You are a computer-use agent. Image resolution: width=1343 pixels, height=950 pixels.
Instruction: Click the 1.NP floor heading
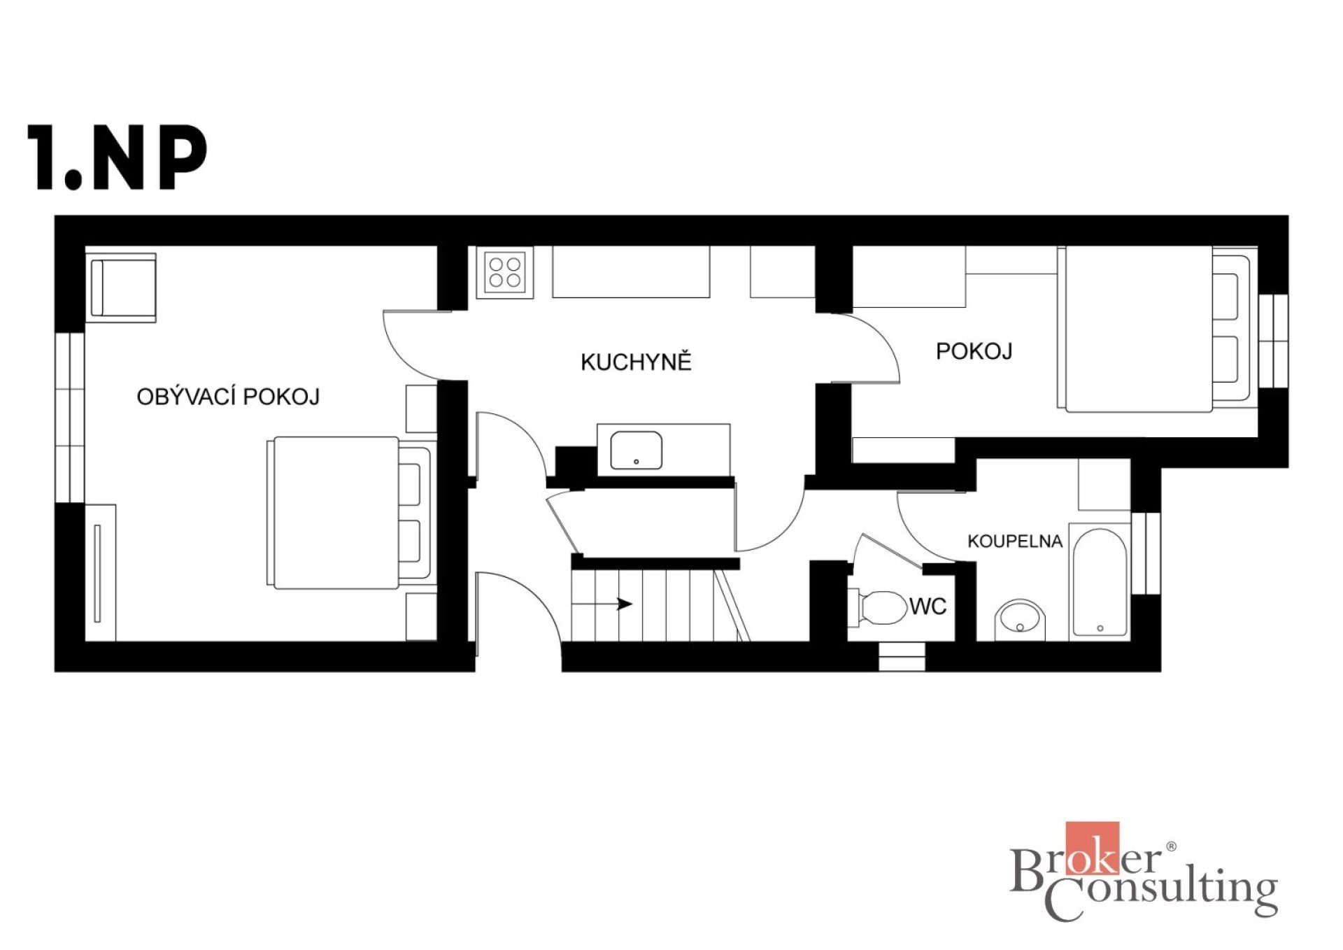[118, 157]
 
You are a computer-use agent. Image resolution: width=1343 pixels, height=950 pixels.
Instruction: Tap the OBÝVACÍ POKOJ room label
[228, 397]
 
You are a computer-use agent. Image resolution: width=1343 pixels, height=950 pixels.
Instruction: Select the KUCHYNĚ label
[636, 361]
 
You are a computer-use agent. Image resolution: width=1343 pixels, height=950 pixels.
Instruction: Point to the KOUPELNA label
[1015, 541]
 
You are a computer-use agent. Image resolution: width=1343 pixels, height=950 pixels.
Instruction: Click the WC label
[928, 607]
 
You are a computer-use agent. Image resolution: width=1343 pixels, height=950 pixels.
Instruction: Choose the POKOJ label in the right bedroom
[974, 350]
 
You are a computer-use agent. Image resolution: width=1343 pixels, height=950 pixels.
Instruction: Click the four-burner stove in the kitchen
[505, 273]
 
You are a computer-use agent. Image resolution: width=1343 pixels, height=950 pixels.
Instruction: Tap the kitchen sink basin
[637, 450]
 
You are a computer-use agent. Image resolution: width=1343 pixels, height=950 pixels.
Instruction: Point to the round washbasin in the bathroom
[1020, 620]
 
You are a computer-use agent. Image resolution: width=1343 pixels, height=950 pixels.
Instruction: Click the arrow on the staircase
[602, 604]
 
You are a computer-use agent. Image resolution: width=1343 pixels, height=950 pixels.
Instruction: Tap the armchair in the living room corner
[122, 288]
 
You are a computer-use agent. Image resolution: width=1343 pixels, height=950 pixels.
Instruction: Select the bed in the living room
[350, 513]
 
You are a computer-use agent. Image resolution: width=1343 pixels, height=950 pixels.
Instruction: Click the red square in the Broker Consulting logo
[1092, 848]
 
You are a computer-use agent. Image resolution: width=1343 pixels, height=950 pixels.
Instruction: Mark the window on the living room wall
[70, 417]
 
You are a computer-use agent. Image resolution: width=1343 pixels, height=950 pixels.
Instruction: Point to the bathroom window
[1146, 553]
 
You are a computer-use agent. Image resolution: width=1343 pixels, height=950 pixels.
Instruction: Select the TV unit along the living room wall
[101, 572]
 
